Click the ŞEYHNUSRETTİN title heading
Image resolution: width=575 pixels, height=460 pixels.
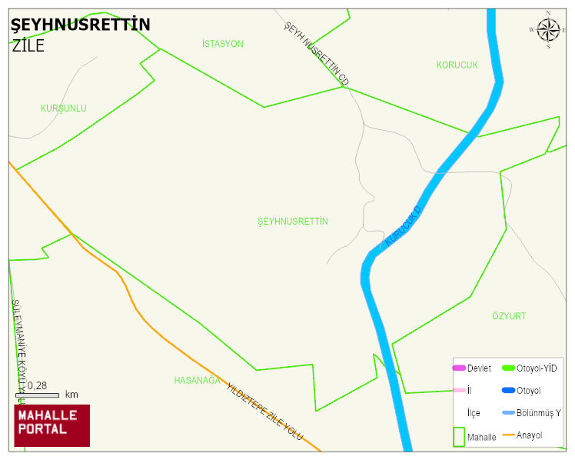point(80,25)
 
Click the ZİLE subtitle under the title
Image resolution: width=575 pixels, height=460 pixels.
point(28,45)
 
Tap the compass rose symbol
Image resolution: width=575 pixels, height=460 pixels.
point(548,30)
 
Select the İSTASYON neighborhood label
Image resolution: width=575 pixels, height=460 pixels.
point(222,44)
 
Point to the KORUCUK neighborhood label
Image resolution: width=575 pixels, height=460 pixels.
point(457,65)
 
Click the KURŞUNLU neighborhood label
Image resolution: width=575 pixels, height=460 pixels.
point(64,108)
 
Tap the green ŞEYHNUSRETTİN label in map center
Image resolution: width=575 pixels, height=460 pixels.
point(293,222)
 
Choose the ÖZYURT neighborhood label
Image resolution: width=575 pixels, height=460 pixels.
point(509,316)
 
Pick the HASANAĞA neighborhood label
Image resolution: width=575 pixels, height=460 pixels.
point(198,380)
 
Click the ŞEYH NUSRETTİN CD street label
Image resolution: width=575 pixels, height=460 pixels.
point(317,53)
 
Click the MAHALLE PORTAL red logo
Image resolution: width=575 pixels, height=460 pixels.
point(52,425)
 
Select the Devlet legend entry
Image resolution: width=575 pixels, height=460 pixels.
point(472,368)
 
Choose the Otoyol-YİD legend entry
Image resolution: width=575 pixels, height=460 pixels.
point(530,368)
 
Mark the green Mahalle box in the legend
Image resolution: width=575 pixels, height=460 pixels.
point(459,436)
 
